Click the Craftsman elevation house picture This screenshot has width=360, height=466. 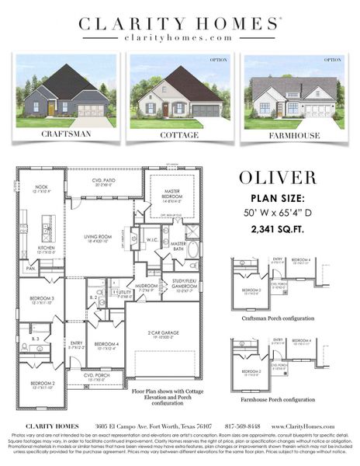[66, 91]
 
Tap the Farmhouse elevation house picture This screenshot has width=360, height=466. [293, 91]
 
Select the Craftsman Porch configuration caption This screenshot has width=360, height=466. [277, 318]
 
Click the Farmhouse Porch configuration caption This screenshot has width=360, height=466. [277, 399]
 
